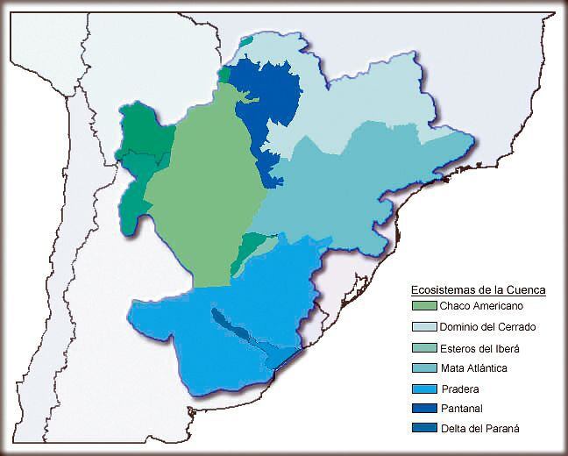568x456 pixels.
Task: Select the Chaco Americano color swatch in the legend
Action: (424, 306)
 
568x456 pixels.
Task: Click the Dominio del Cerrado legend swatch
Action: (424, 327)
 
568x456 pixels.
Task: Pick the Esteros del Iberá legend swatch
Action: (424, 347)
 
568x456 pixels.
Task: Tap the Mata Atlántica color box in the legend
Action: (424, 367)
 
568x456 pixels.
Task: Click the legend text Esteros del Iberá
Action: (483, 347)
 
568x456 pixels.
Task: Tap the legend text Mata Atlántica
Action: (476, 367)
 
